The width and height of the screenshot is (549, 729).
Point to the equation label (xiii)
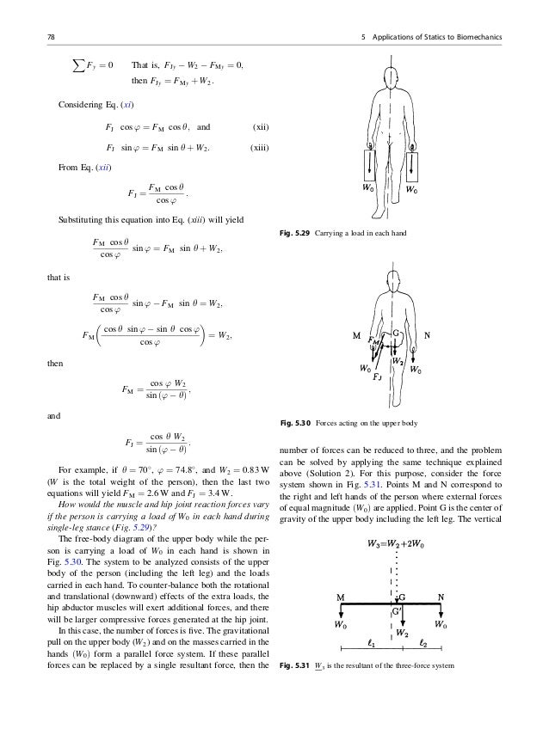click(x=258, y=147)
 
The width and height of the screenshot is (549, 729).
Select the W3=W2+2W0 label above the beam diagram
click(x=396, y=542)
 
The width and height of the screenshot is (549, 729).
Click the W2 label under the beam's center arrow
click(x=400, y=631)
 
